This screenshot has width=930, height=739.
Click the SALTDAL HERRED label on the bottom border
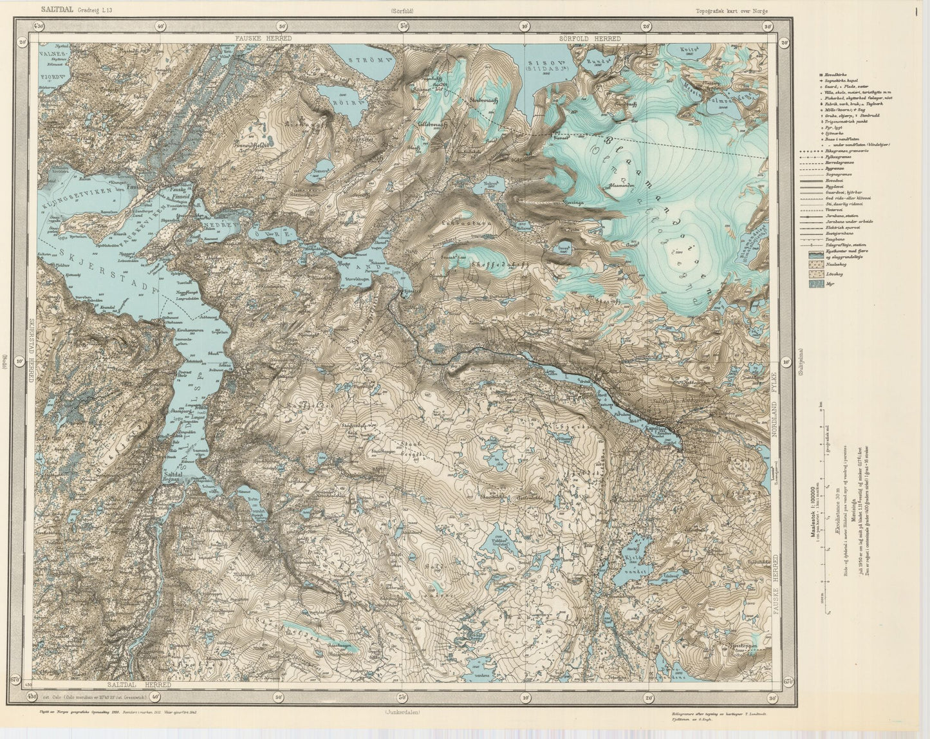point(140,685)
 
